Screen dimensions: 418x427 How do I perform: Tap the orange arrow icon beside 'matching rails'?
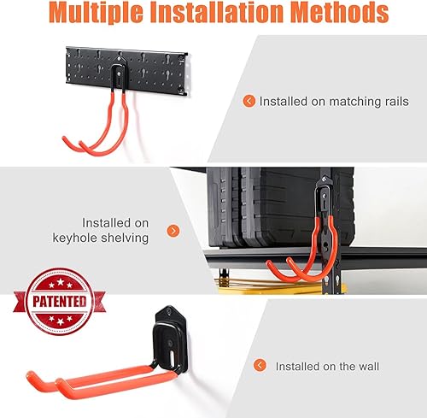(249, 101)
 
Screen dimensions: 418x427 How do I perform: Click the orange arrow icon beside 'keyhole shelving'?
(173, 230)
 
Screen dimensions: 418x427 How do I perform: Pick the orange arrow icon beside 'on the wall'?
(260, 366)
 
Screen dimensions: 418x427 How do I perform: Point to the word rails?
(391, 102)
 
